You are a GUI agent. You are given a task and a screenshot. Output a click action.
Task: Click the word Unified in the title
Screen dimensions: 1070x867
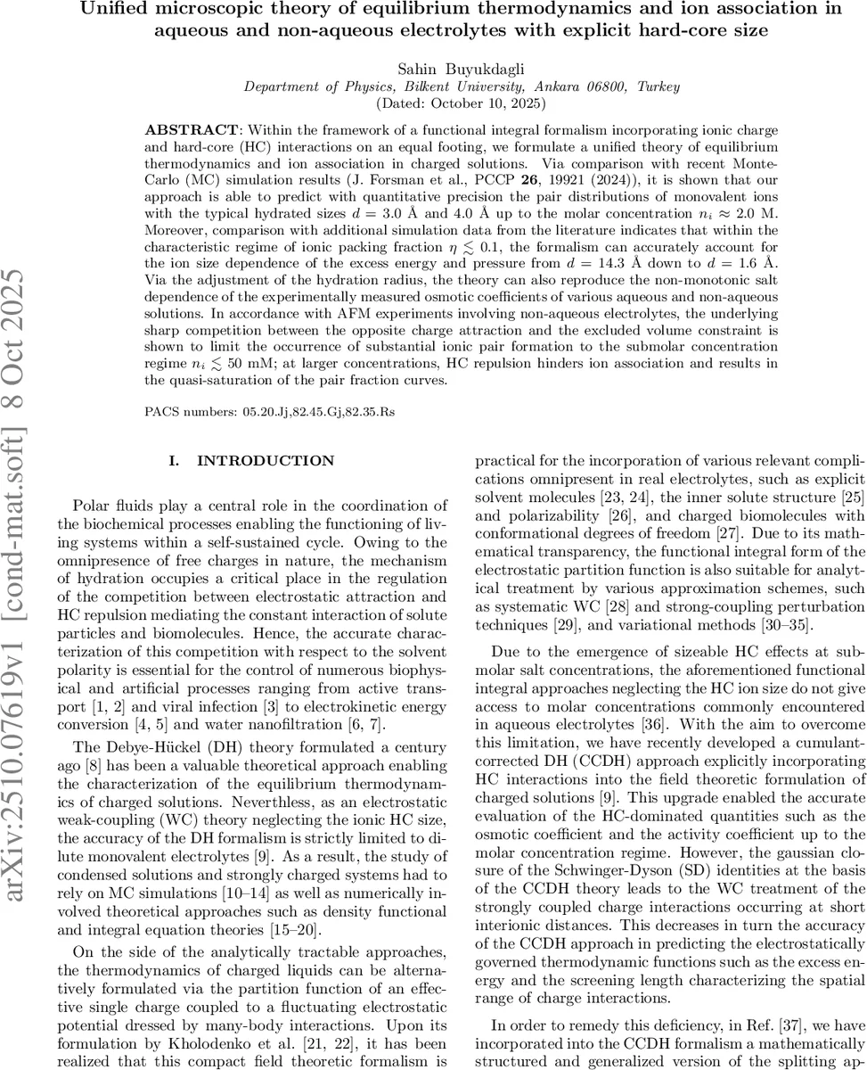coord(141,11)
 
